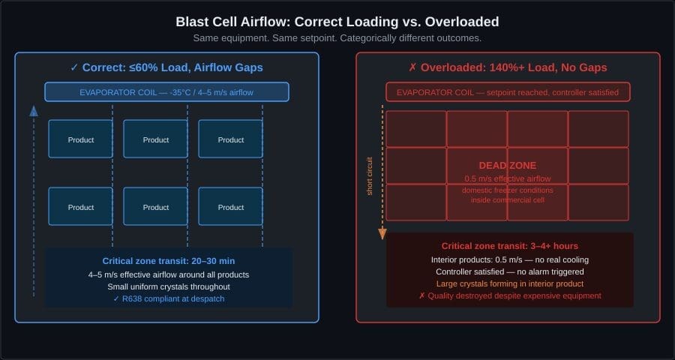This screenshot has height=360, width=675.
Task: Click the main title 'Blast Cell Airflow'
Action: (337, 22)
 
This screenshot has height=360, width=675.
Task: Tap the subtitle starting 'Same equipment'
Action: (337, 37)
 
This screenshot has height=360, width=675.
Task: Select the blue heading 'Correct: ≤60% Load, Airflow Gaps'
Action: (166, 67)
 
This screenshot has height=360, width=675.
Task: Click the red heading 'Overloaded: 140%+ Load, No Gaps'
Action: (508, 67)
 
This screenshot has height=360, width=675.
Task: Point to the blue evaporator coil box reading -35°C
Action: (166, 92)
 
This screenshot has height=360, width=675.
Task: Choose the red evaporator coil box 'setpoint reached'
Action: (508, 92)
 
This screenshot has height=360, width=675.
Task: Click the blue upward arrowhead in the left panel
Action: (33, 111)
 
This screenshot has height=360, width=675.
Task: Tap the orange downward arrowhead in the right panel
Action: (382, 234)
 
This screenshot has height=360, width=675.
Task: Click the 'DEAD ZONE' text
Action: (508, 165)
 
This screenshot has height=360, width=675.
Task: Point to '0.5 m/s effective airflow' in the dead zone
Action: (508, 178)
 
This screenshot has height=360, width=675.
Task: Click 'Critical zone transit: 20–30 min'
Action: (168, 261)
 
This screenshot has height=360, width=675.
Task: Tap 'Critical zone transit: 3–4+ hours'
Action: (509, 246)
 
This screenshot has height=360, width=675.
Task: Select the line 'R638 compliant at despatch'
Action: (168, 299)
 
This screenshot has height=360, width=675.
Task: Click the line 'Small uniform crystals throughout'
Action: (168, 286)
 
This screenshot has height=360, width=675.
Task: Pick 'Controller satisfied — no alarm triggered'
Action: (509, 271)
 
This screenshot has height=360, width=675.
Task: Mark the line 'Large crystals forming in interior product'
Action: (509, 283)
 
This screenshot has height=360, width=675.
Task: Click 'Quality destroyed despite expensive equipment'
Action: (509, 296)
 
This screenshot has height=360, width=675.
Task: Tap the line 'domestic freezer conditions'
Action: (508, 190)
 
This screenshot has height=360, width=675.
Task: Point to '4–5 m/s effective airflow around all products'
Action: (168, 274)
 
